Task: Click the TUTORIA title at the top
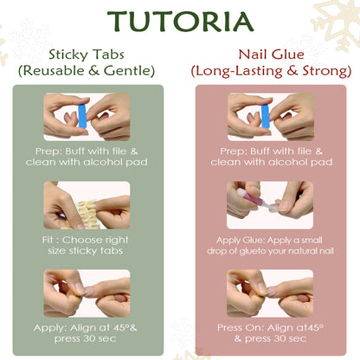click(181, 22)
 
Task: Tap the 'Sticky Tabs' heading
click(87, 55)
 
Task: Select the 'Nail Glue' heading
click(271, 55)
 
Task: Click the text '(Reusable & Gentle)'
click(87, 71)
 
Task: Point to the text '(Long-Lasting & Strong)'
click(271, 71)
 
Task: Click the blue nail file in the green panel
click(82, 116)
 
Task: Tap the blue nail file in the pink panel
click(265, 116)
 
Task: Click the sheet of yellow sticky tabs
click(86, 214)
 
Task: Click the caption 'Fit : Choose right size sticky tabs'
click(86, 245)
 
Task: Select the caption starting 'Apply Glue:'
click(270, 246)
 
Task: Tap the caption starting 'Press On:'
click(270, 333)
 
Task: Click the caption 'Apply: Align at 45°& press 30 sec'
click(86, 333)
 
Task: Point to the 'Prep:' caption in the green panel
click(87, 157)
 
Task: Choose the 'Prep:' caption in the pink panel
click(271, 157)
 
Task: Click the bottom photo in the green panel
click(87, 293)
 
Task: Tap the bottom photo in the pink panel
click(270, 293)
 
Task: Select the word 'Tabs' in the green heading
click(109, 55)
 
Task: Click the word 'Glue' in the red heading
click(288, 55)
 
